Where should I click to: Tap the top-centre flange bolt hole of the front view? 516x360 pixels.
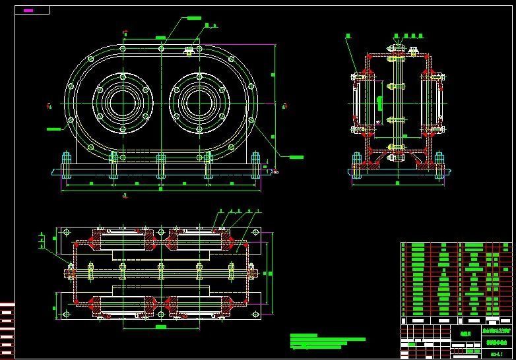click(161, 48)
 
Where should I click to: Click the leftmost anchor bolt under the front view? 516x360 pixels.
click(66, 165)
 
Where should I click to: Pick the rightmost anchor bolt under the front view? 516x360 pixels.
click(255, 165)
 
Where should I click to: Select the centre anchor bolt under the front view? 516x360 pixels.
click(161, 165)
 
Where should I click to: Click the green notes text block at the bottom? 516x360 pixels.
click(327, 341)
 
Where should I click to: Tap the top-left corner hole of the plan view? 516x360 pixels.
click(66, 233)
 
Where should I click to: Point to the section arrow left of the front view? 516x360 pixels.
click(49, 104)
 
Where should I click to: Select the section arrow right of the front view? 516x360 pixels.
click(284, 104)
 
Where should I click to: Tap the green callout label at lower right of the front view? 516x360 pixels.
click(296, 157)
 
